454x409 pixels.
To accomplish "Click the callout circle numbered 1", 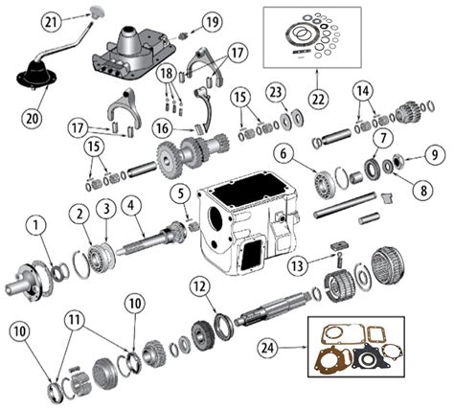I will pos(34,227).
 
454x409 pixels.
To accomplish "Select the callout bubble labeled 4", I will pos(131,203).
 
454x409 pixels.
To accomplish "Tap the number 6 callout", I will pos(283,152).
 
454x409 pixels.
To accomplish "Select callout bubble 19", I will pos(211,19).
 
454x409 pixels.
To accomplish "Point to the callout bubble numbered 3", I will pos(105,207).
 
